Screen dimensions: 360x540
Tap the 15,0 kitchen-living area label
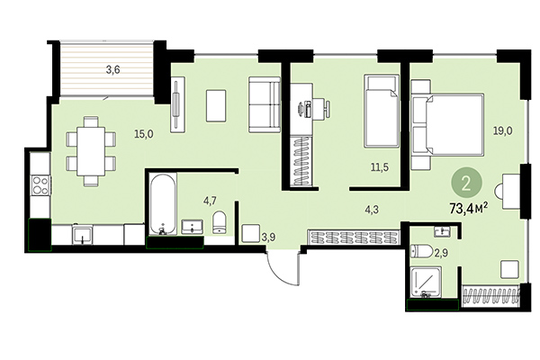point(143,134)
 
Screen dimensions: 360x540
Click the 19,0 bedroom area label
point(502,130)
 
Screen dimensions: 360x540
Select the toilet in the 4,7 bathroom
point(219,222)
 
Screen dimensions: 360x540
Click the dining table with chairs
point(91,149)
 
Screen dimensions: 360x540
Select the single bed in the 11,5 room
point(381,111)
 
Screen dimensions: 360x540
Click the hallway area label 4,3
point(371,211)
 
